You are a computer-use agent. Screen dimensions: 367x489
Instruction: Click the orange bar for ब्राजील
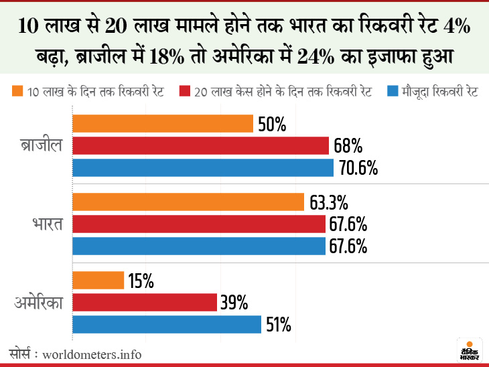tap(163, 124)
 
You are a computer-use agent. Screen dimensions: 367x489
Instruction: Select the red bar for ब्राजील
tap(200, 145)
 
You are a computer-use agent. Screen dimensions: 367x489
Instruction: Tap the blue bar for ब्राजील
tap(203, 167)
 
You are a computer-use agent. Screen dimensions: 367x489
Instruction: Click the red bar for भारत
tap(199, 224)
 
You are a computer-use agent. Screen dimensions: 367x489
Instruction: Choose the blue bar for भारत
tap(199, 246)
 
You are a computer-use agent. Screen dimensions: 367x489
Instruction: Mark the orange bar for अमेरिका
tap(98, 281)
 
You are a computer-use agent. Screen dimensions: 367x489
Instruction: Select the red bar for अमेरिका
tap(145, 302)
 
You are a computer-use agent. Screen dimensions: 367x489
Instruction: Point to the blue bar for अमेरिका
tap(167, 324)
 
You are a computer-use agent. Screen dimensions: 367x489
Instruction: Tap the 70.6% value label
tap(359, 167)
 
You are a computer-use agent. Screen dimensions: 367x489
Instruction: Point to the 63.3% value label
tap(329, 202)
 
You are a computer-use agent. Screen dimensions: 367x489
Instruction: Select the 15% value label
tap(141, 281)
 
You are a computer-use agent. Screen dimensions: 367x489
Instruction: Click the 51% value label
tap(278, 325)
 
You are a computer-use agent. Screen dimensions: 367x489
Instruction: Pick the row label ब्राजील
tap(41, 147)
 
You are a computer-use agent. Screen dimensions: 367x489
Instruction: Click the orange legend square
tap(17, 90)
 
